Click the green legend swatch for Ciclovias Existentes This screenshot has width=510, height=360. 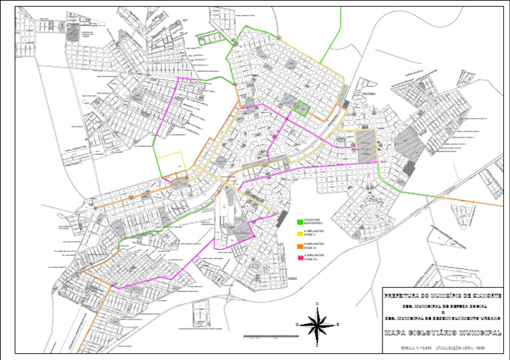click(x=299, y=221)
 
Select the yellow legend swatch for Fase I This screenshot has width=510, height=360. click(x=299, y=234)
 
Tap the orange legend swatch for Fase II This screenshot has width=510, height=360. click(x=299, y=246)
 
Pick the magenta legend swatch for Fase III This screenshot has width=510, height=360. click(x=299, y=258)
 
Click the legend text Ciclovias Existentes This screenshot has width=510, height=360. click(x=313, y=221)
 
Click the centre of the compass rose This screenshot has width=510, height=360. click(x=319, y=325)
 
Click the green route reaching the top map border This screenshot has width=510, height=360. click(x=340, y=20)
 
